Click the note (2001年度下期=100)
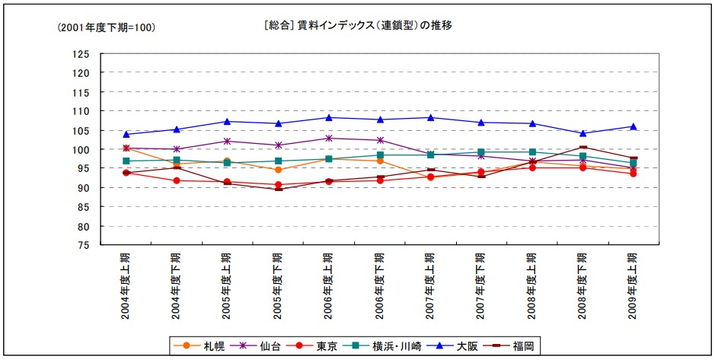point(107,27)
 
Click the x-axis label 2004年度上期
point(126,285)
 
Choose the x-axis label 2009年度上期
point(633,285)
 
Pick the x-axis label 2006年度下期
point(379,285)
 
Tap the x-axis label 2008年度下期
point(583,285)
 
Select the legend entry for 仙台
point(260,346)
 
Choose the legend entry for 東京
point(319,346)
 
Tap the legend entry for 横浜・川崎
point(388,346)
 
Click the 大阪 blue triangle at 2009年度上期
point(633,126)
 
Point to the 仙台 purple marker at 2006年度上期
point(328,139)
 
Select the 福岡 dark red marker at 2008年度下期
point(583,148)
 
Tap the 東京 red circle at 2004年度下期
point(176,180)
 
